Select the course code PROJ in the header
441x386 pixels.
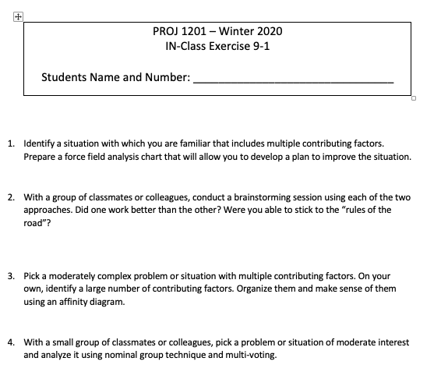168,31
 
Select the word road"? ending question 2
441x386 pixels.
37,222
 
